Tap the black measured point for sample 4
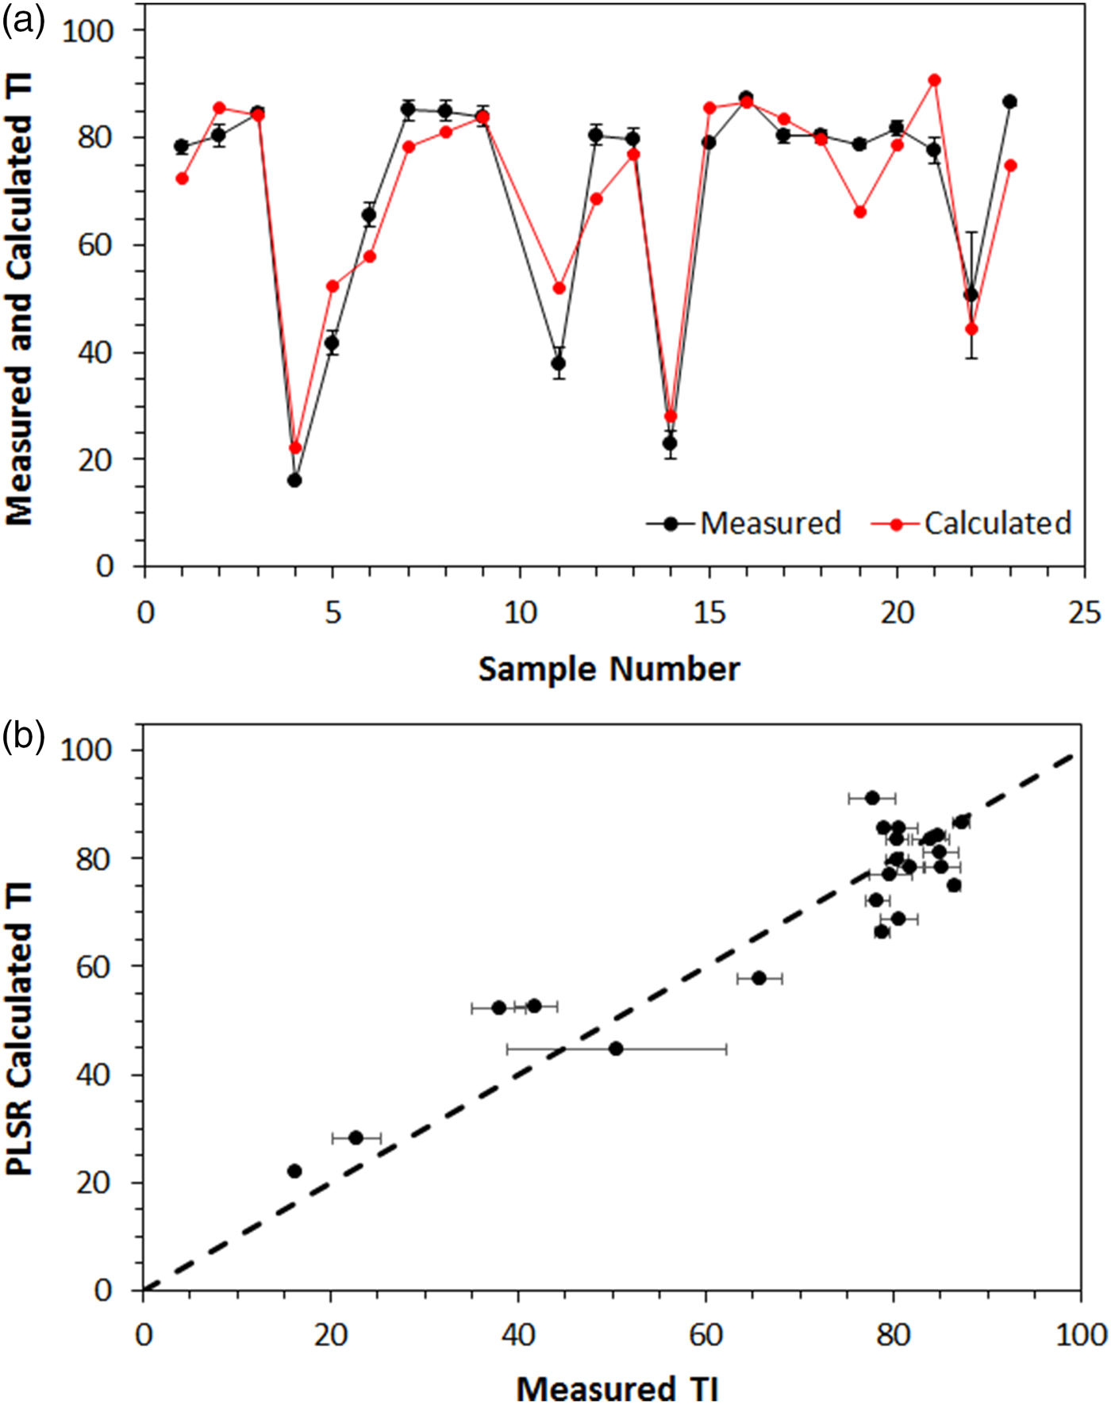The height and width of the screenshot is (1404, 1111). pos(294,481)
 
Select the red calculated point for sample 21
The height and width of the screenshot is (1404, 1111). pos(935,80)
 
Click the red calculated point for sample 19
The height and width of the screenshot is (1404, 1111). pos(859,212)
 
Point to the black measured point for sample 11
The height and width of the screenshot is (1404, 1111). pos(559,364)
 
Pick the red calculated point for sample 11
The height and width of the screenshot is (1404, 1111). pos(559,288)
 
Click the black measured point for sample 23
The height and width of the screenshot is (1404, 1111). pos(1009,102)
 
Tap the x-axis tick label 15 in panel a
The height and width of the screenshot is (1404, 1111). pos(709,613)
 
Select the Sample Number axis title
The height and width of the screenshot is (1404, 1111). pos(609,669)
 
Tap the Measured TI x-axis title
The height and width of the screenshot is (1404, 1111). pos(617,1383)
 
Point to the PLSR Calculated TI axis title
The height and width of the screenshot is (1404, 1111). pos(19,1028)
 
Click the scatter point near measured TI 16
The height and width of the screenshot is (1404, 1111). pos(294,1171)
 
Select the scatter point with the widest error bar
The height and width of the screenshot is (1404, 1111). pos(616,1049)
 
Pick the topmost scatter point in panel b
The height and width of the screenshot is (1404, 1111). pos(872,798)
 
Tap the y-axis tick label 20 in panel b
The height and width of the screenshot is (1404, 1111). pos(94,1183)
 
